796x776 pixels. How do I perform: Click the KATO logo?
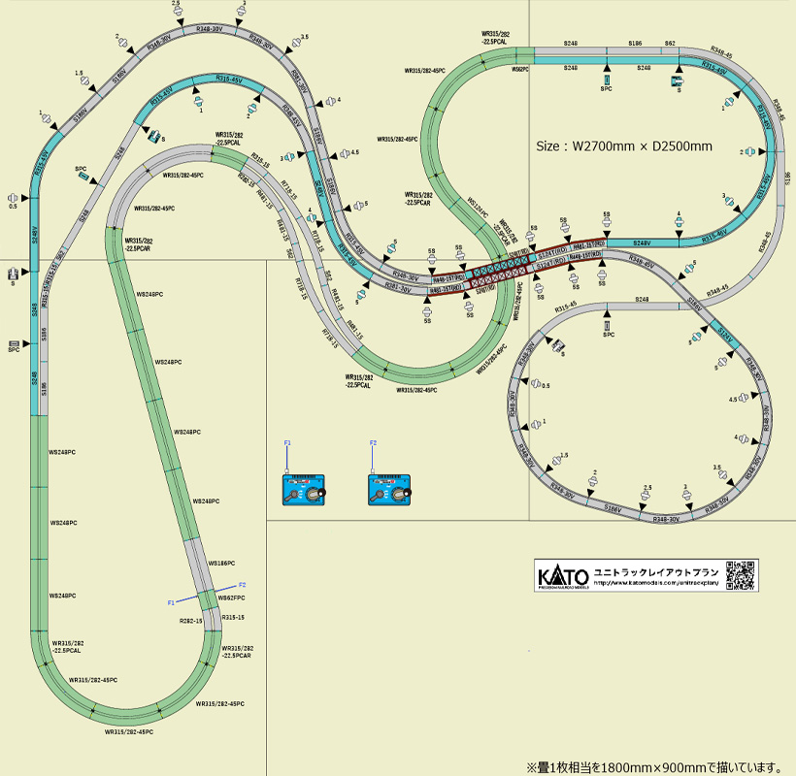[x=563, y=576]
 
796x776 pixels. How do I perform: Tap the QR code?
[x=741, y=575]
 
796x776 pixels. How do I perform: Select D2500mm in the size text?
[x=682, y=146]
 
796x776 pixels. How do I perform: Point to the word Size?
[x=550, y=146]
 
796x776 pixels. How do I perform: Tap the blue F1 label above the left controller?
[x=287, y=442]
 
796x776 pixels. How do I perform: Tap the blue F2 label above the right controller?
[x=372, y=442]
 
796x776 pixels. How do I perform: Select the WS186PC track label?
[x=222, y=563]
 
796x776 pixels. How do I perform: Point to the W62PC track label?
[x=519, y=70]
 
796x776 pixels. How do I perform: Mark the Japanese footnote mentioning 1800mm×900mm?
[x=653, y=766]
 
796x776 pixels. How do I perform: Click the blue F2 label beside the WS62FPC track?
[x=243, y=585]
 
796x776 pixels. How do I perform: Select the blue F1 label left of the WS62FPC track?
[x=171, y=602]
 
